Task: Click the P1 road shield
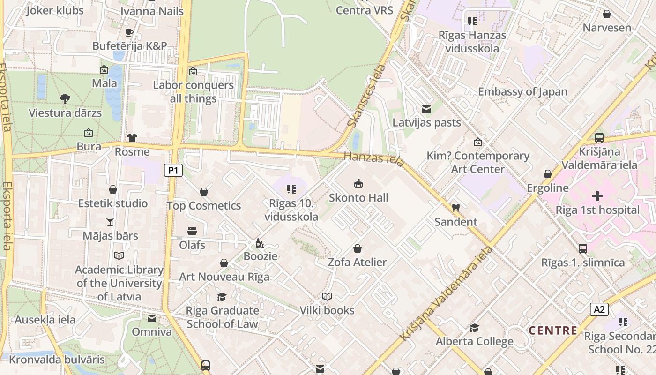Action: [173, 170]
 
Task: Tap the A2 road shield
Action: [599, 309]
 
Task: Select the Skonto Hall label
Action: [358, 197]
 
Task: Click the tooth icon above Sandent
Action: [455, 208]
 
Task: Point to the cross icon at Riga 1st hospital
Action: [597, 195]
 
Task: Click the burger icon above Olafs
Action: [192, 231]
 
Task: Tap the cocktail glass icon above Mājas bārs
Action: [110, 221]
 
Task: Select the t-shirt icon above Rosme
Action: [132, 138]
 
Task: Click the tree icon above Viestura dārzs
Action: [65, 98]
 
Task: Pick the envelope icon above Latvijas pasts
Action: [426, 109]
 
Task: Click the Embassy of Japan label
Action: [522, 92]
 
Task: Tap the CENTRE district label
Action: [553, 330]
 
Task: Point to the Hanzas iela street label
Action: [373, 158]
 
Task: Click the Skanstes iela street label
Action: [367, 96]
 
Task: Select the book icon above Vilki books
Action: [327, 297]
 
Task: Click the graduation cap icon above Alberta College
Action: [474, 328]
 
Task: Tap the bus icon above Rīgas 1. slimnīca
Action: [583, 249]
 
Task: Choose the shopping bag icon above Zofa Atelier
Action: [358, 248]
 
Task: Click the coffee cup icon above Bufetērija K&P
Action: [129, 32]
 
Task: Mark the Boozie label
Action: [261, 256]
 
